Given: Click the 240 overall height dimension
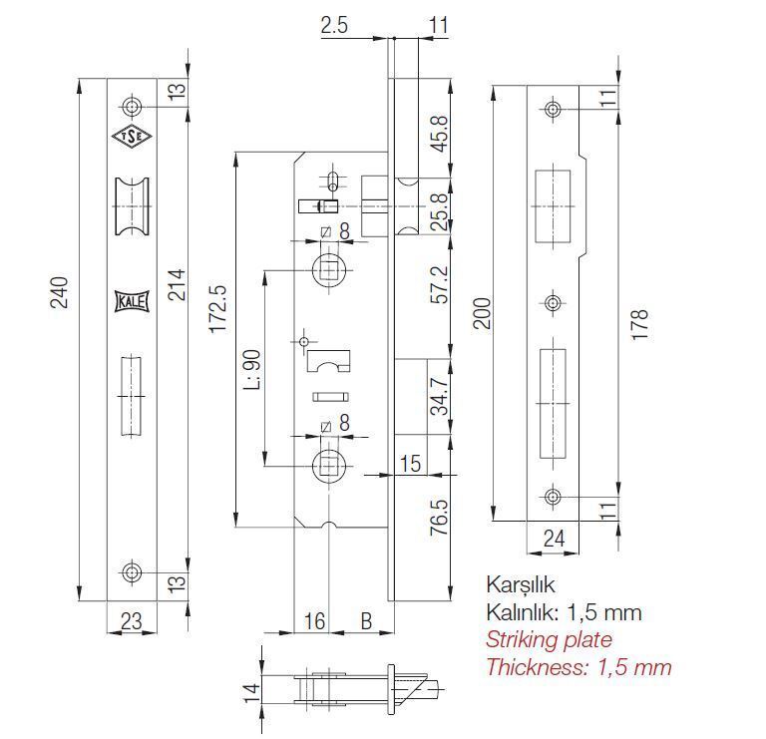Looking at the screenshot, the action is [60, 292].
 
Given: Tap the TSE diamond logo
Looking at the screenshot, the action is [132, 137].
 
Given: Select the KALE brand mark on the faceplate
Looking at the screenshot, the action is [132, 301].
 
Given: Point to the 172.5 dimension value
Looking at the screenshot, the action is [217, 309].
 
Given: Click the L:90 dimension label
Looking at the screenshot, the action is [252, 369].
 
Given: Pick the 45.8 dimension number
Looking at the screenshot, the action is [440, 134].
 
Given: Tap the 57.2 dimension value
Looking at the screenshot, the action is [440, 285].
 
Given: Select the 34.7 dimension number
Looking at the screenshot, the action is [440, 396].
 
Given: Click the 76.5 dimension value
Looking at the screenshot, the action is [440, 517].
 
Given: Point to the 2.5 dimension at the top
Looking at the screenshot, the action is [335, 25].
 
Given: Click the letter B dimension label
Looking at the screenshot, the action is [366, 621].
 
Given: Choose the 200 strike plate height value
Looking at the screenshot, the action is [482, 313].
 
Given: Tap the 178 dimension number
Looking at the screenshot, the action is [639, 324].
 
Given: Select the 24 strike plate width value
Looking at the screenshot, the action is [554, 539].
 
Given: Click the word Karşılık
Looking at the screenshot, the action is [521, 584].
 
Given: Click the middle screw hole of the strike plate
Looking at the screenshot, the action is [553, 303].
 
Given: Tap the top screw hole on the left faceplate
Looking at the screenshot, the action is [132, 107].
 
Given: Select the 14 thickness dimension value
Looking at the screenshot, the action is [252, 692].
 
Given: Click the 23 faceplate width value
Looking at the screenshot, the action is [132, 621].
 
